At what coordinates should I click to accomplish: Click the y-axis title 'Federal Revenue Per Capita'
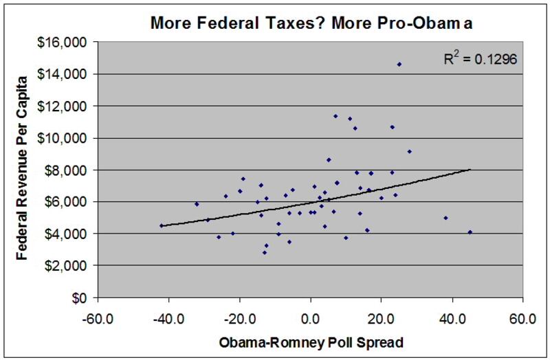(x=23, y=170)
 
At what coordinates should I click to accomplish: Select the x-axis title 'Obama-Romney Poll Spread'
(x=311, y=341)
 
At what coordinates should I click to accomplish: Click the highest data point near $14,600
(x=399, y=65)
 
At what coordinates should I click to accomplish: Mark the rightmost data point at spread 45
(x=470, y=232)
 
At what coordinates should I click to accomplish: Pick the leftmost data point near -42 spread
(x=162, y=225)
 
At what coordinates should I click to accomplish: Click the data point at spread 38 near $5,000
(x=445, y=218)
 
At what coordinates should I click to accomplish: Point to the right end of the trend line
(x=470, y=169)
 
